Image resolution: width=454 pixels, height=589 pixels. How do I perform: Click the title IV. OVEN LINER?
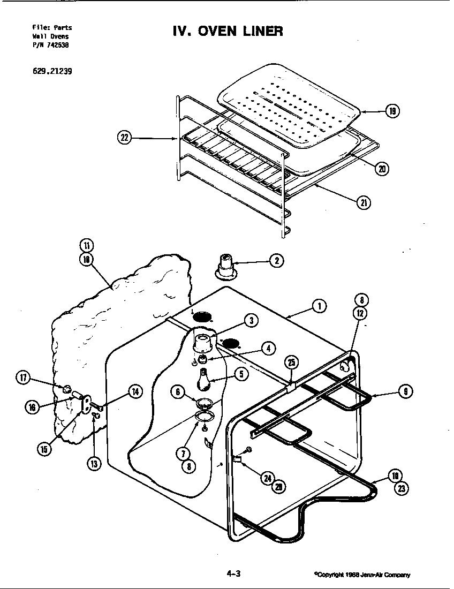(227, 31)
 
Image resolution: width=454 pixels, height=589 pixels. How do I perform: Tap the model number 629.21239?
(52, 70)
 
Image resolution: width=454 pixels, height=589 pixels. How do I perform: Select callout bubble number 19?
(392, 111)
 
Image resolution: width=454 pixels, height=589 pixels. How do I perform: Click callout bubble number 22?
(124, 138)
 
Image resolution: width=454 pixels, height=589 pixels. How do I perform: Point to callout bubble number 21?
(364, 202)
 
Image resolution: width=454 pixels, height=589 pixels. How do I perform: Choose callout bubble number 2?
(276, 261)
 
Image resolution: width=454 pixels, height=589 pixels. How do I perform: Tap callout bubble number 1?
(319, 306)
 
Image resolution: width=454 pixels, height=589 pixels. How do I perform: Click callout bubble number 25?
(291, 362)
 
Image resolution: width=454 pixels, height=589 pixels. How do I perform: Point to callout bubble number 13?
(94, 464)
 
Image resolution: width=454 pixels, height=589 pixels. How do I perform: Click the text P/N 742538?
(51, 45)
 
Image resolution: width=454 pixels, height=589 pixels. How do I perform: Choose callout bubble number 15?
(45, 449)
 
